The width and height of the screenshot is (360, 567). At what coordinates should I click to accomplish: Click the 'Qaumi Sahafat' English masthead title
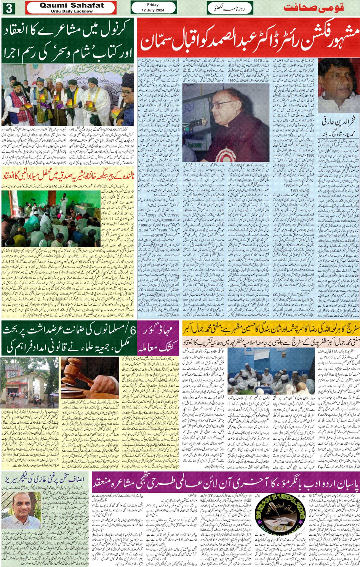(72, 6)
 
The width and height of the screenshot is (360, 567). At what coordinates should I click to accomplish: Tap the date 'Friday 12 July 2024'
(153, 8)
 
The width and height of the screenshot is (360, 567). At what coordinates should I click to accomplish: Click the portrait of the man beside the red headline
(338, 86)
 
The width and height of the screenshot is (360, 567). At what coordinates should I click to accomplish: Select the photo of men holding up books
(68, 95)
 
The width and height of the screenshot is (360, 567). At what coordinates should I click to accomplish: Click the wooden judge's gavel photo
(90, 377)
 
